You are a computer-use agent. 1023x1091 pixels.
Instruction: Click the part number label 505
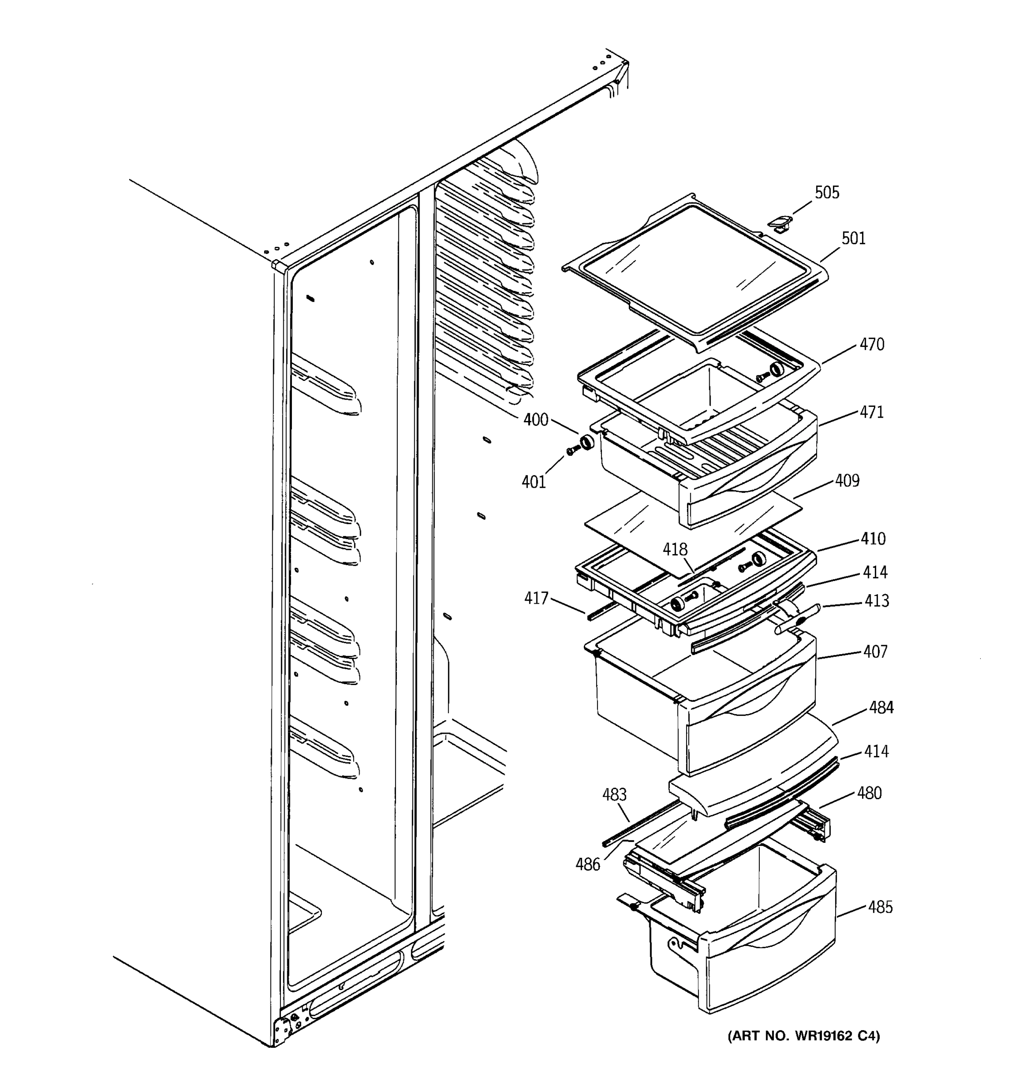point(827,193)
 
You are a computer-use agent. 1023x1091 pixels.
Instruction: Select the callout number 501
point(853,239)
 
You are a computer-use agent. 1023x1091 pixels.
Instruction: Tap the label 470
point(872,345)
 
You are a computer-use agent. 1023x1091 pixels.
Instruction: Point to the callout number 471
point(872,412)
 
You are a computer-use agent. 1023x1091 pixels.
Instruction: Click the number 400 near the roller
point(536,420)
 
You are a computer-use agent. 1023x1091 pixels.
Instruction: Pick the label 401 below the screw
point(533,482)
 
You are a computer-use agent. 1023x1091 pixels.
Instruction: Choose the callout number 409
point(847,481)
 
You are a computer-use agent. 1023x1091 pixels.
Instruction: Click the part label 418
point(675,549)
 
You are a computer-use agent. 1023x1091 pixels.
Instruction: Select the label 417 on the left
point(536,598)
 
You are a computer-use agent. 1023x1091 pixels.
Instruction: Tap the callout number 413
point(877,601)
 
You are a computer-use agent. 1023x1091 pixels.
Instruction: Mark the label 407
point(875,652)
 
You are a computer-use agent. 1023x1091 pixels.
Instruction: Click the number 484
point(881,708)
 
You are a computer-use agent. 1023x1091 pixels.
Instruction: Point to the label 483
point(614,795)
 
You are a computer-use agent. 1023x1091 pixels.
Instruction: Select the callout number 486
point(588,865)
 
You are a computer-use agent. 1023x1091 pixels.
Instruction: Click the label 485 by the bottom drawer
point(880,907)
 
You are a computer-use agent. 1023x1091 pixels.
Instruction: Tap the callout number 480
point(869,794)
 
